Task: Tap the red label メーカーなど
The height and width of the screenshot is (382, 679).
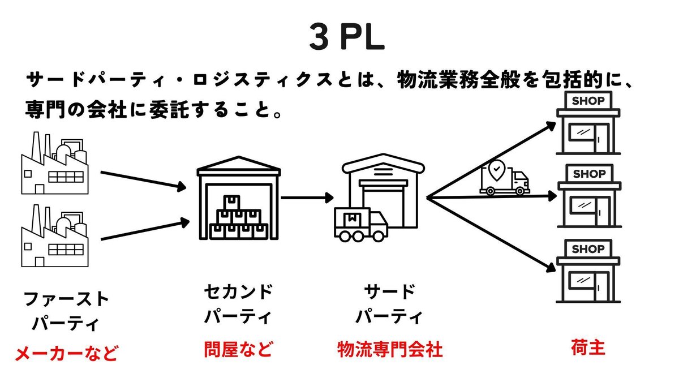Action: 66,354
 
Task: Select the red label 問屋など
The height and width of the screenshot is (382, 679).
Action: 238,350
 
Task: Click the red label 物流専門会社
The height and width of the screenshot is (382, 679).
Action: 389,350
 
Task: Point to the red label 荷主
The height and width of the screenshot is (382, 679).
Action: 588,347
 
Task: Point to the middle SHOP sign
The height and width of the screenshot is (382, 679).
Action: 588,174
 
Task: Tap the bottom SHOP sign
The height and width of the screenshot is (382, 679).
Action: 588,248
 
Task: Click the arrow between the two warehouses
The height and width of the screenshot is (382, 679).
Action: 307,198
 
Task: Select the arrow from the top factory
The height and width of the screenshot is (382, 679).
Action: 144,178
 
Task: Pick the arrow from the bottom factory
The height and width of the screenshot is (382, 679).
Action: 144,231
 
